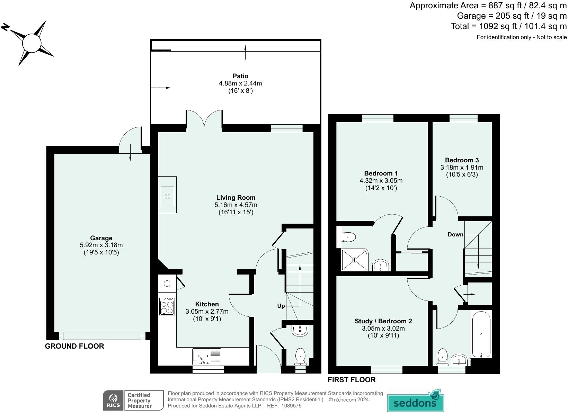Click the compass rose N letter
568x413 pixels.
click(x=5, y=27)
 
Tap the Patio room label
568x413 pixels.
click(x=240, y=76)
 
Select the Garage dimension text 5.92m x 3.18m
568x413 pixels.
click(x=101, y=245)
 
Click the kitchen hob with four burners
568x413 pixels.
click(x=167, y=306)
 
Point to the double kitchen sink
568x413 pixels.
click(x=207, y=356)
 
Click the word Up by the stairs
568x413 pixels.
click(x=281, y=306)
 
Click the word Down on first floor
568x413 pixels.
click(x=455, y=234)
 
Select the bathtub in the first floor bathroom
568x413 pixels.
click(x=481, y=334)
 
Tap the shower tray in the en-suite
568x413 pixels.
click(x=355, y=260)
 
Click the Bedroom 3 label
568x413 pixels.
click(x=462, y=160)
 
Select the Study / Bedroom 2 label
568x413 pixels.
click(x=383, y=321)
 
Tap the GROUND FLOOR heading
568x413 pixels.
click(x=74, y=346)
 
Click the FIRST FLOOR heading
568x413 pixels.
click(x=352, y=380)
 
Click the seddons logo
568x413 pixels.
click(x=415, y=402)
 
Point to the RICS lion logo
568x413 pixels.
click(x=113, y=401)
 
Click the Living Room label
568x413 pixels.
click(x=236, y=198)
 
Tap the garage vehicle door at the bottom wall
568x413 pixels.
click(x=102, y=335)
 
